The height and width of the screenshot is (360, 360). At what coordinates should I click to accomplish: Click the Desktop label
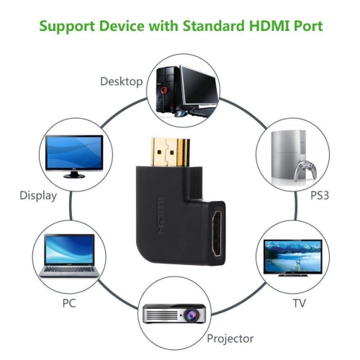tap(122, 81)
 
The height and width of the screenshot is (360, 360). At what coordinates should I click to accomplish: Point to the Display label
tap(37, 194)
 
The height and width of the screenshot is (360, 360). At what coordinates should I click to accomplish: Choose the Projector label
tap(230, 337)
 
